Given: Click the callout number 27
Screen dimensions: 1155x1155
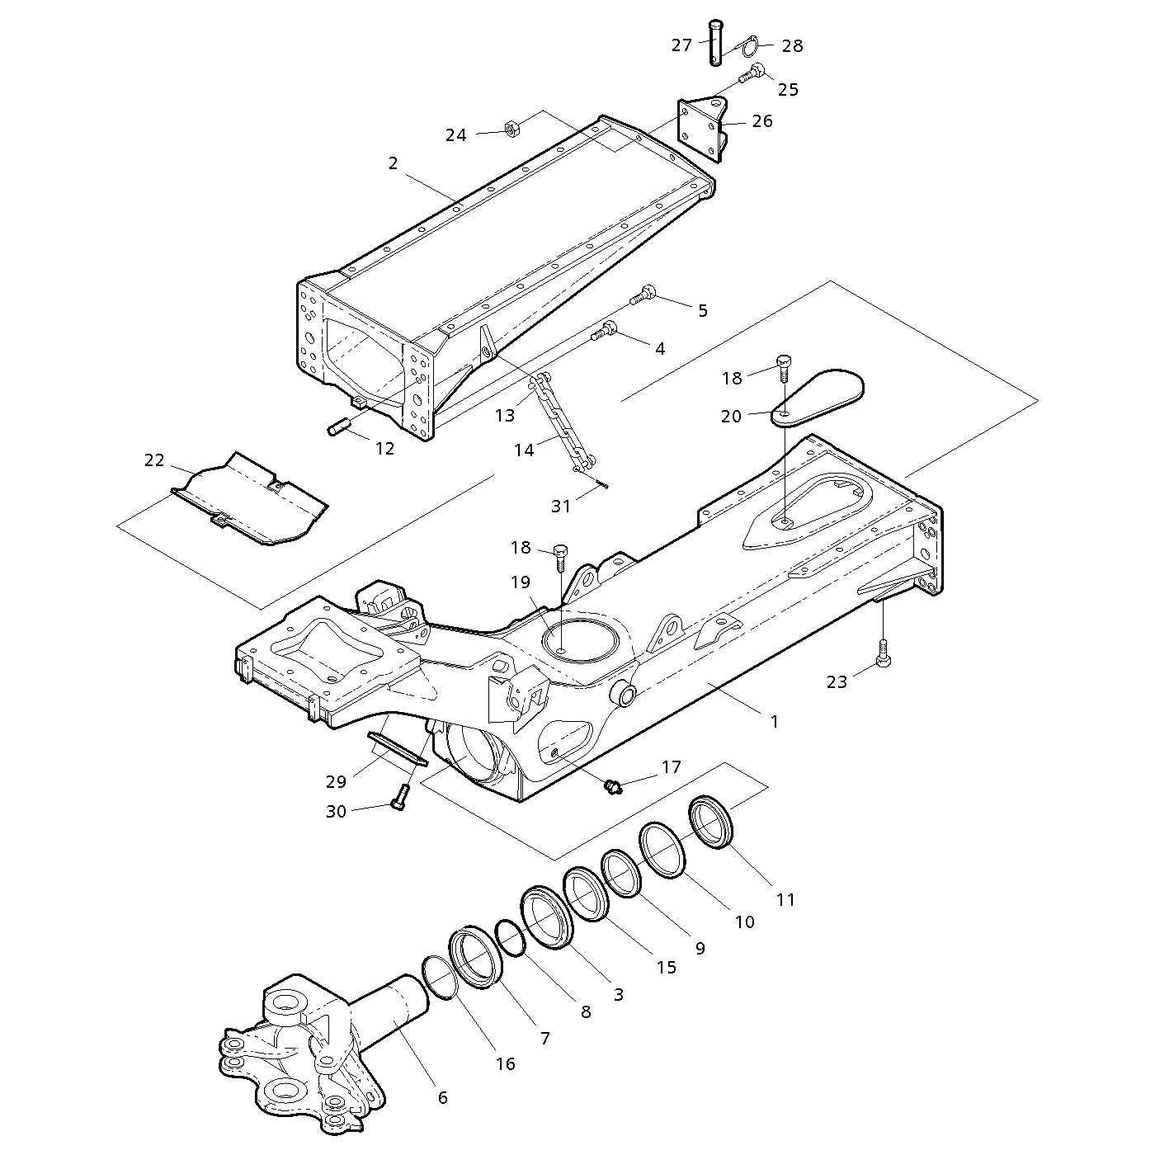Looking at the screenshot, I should tap(681, 45).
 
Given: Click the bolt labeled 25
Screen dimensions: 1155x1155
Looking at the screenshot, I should tap(752, 74).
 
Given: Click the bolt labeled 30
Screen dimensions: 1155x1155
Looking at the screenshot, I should tap(400, 797).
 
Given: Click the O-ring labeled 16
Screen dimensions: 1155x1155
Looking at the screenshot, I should tap(440, 977).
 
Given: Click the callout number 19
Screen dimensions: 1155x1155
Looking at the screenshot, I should tap(520, 582).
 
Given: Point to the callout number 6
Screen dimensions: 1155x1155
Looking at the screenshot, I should tap(442, 1097).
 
